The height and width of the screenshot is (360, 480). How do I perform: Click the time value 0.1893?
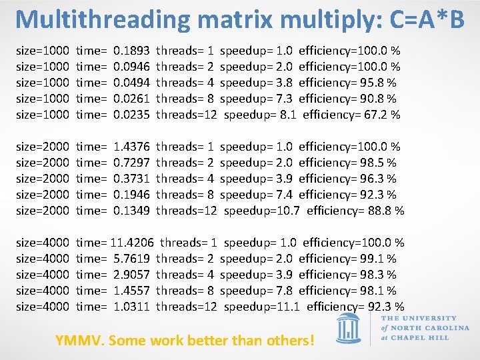click(131, 50)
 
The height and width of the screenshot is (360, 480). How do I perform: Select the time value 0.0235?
click(131, 114)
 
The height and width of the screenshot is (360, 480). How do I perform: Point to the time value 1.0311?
click(131, 306)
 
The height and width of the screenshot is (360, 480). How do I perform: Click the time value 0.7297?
click(131, 162)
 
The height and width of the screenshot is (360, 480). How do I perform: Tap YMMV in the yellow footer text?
click(79, 340)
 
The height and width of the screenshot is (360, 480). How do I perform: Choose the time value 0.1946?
click(131, 194)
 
